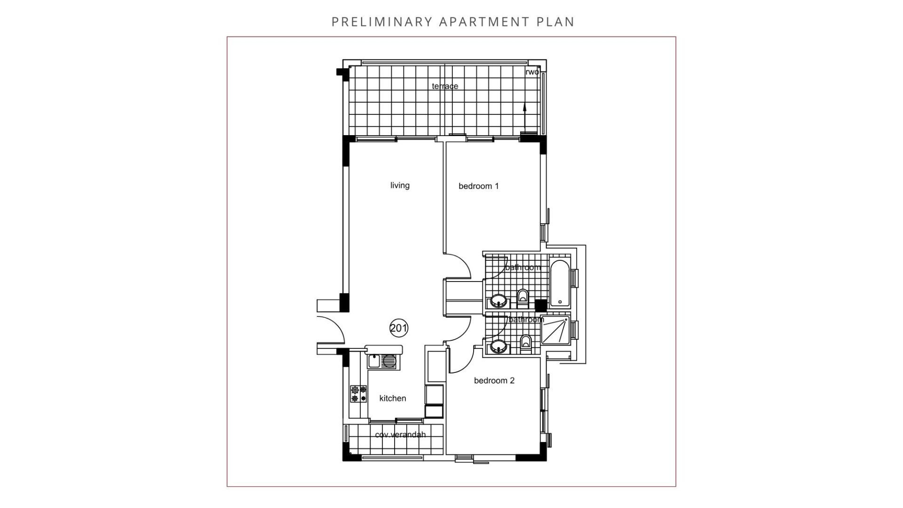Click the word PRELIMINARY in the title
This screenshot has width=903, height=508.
tap(382, 22)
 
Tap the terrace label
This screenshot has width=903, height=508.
tap(445, 86)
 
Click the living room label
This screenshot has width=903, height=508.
tap(400, 185)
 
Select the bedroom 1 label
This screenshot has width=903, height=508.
tap(478, 186)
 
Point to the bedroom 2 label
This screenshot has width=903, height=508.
tap(494, 380)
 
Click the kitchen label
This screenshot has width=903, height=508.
tap(393, 398)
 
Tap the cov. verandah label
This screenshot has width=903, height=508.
tap(400, 435)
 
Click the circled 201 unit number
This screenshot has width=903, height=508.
tap(399, 328)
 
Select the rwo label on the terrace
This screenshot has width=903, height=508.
tap(532, 72)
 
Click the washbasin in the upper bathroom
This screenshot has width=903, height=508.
tap(499, 300)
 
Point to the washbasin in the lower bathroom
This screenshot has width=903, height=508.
tap(499, 347)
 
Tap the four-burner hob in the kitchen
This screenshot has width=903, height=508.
tap(358, 394)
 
